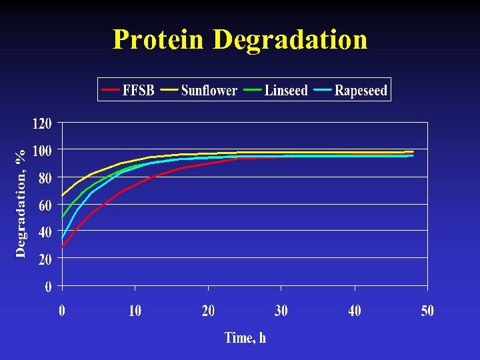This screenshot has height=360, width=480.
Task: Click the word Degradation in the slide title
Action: [x=290, y=39]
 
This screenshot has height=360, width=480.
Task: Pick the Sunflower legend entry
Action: [x=209, y=90]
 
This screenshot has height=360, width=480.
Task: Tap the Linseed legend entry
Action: [x=286, y=90]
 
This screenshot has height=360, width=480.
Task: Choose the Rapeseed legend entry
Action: [x=361, y=90]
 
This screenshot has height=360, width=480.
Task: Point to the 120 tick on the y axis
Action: [x=42, y=123]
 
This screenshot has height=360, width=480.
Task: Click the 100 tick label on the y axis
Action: [x=42, y=151]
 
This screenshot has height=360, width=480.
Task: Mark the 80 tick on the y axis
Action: [x=45, y=178]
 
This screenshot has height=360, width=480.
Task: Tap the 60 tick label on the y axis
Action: [x=45, y=205]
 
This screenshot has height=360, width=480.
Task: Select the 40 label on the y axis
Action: [x=45, y=233]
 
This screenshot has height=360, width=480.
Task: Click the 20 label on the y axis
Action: [x=45, y=260]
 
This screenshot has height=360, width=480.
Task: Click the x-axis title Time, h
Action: [x=245, y=337]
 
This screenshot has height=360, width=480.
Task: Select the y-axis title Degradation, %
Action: [x=21, y=203]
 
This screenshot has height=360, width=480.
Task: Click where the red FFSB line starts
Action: [x=62, y=247]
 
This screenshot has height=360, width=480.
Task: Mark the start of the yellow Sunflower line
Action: [x=62, y=195]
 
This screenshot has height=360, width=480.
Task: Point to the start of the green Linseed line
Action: [x=62, y=217]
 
